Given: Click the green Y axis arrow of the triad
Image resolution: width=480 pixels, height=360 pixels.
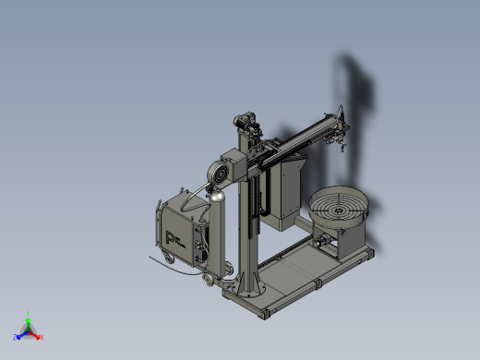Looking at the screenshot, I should pyautogui.click(x=29, y=318).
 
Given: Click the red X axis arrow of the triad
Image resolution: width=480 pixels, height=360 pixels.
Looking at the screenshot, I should pyautogui.click(x=39, y=337).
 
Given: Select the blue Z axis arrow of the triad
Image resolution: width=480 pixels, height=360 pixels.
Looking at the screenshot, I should pyautogui.click(x=20, y=336).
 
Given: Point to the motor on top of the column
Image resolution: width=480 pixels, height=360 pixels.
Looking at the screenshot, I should pyautogui.click(x=247, y=120).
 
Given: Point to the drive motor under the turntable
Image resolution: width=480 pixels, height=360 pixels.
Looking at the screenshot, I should pyautogui.click(x=323, y=242).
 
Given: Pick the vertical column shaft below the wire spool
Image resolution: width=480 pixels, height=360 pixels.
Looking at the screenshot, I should pyautogui.click(x=246, y=231).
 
